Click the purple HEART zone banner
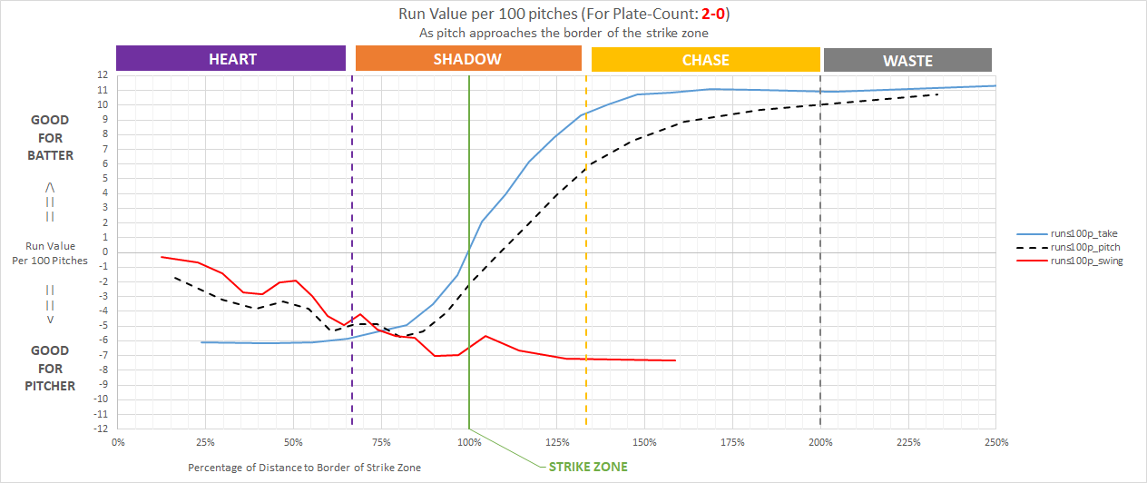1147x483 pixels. click(231, 59)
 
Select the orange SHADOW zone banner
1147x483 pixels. click(467, 59)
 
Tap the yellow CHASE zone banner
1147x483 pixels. click(705, 60)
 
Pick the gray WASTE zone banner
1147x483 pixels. click(907, 61)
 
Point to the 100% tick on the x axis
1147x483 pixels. click(469, 442)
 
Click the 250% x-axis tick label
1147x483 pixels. click(996, 442)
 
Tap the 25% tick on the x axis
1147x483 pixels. click(205, 442)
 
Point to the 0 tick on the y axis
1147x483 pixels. click(105, 251)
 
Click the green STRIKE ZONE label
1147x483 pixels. click(587, 467)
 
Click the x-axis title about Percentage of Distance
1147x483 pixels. click(305, 467)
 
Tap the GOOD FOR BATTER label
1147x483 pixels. click(51, 138)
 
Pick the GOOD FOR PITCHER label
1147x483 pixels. click(51, 368)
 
